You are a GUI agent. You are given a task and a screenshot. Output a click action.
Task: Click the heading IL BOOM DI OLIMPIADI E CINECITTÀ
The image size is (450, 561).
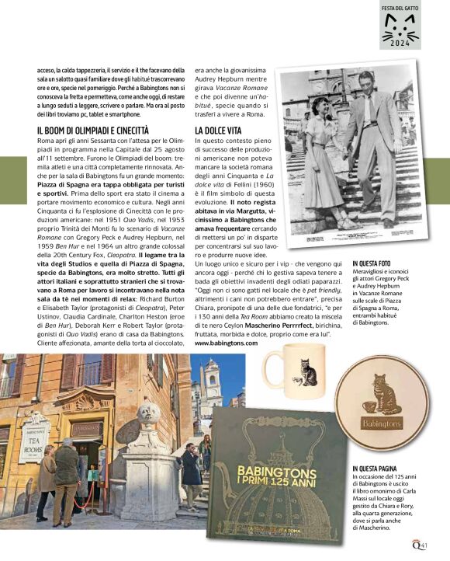pos(93,130)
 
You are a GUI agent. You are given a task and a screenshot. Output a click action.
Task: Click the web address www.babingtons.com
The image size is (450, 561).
pos(226,342)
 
